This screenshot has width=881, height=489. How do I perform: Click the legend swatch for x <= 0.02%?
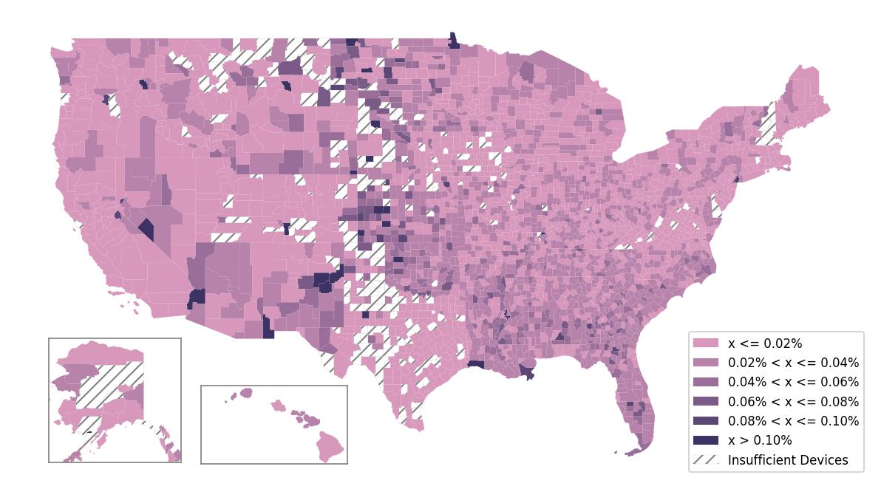[x=705, y=343]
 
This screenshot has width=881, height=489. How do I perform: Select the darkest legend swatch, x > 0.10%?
[x=705, y=440]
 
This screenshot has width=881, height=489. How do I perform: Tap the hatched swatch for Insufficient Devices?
[x=705, y=459]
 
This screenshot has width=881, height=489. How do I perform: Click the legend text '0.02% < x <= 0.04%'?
[x=793, y=363]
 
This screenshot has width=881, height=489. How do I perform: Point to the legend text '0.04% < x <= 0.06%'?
[x=793, y=382]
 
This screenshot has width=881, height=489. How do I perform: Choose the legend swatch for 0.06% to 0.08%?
[x=705, y=402]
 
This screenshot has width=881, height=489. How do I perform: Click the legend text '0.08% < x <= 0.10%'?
[x=793, y=421]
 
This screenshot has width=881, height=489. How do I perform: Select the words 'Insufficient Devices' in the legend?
[x=788, y=460]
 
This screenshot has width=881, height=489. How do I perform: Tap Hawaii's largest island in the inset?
[x=331, y=445]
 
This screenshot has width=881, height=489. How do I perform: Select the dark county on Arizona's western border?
[x=197, y=298]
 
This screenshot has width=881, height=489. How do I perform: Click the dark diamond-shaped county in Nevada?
[x=146, y=229]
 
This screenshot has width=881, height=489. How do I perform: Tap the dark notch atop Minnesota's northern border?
[x=453, y=40]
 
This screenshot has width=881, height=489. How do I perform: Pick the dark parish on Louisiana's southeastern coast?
[x=527, y=373]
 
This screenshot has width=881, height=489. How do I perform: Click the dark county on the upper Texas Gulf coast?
[x=475, y=364]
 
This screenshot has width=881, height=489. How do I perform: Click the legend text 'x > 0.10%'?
[x=760, y=440]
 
